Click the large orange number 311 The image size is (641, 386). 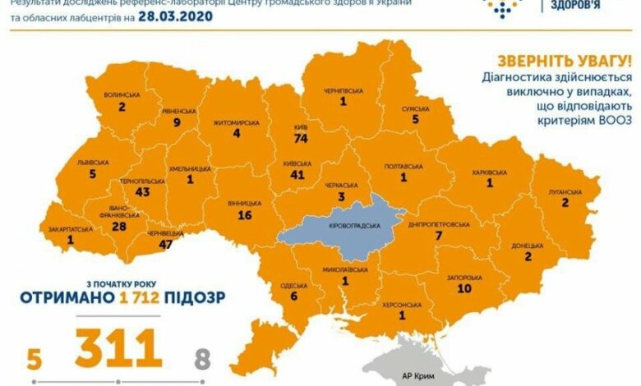(118, 349)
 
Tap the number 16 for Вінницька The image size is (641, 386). (245, 215)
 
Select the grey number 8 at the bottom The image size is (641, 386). (204, 359)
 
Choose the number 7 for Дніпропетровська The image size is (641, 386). (440, 237)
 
